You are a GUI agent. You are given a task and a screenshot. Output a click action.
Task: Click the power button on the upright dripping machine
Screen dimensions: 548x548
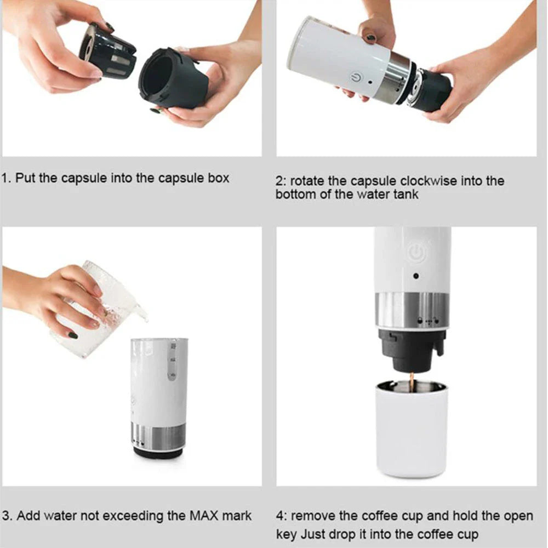click(416, 253)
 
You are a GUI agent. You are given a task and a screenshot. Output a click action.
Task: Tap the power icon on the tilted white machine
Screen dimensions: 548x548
click(357, 77)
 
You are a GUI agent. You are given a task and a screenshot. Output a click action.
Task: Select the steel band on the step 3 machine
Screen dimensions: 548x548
click(159, 436)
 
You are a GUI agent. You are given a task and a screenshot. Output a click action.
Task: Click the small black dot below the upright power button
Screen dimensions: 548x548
click(416, 276)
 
